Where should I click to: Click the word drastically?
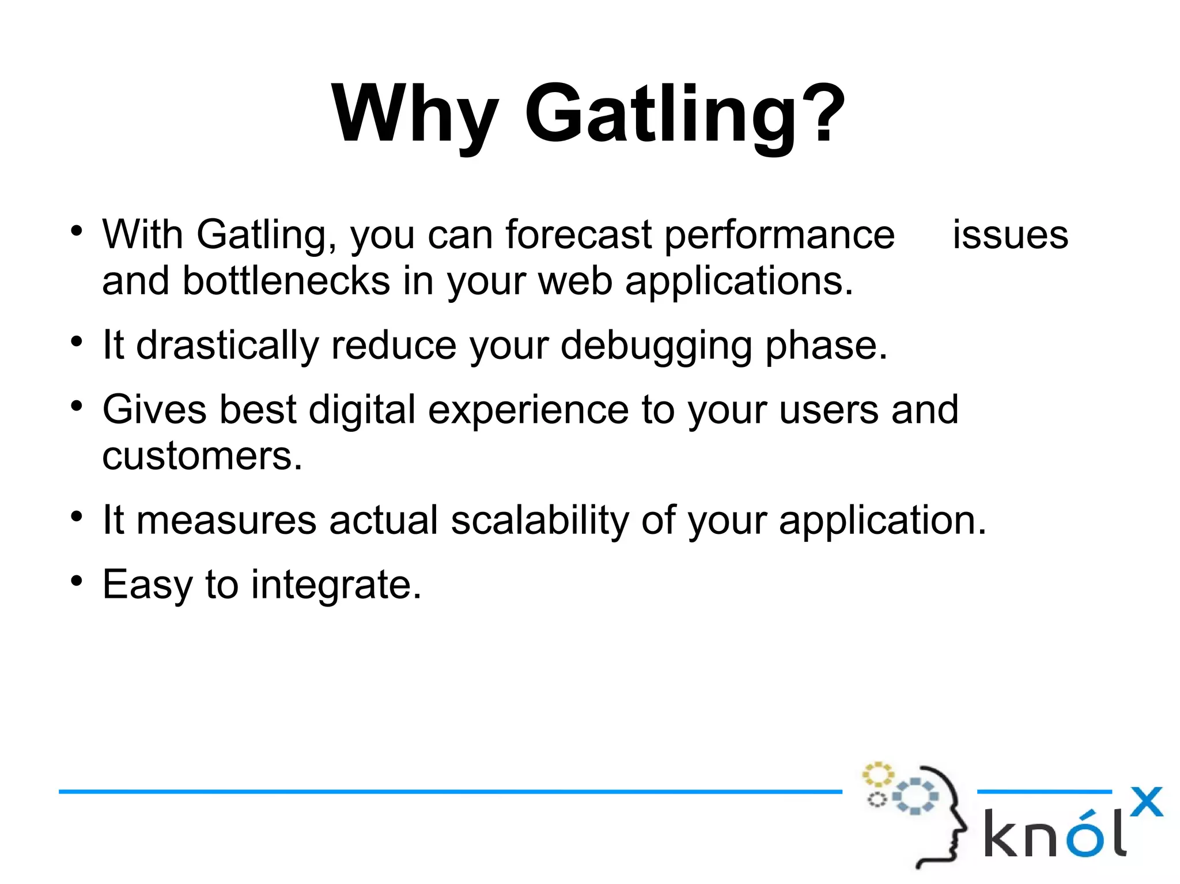[x=227, y=346]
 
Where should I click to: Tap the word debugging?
[x=656, y=347]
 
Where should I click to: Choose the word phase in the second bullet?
[x=825, y=346]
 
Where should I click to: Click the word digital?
[x=362, y=410]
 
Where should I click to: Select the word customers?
[x=202, y=456]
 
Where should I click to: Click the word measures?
[x=226, y=521]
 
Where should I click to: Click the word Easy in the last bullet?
[x=147, y=585]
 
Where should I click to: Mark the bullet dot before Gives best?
[x=77, y=407]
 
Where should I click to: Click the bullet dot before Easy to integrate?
[x=77, y=581]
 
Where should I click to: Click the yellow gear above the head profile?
[x=878, y=774]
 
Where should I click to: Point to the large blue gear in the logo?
[x=915, y=796]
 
